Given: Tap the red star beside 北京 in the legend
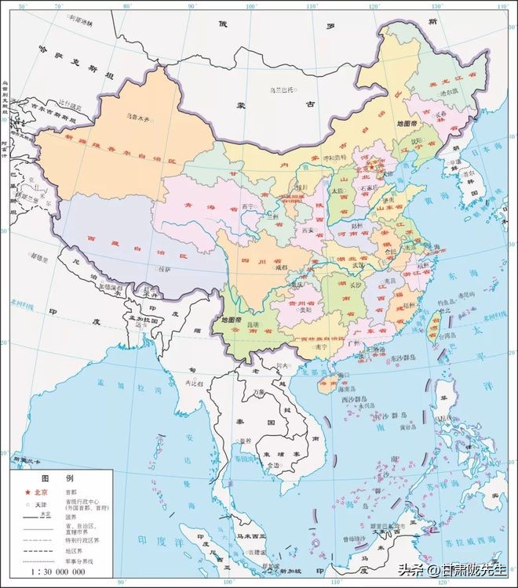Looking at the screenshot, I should (x=26, y=491).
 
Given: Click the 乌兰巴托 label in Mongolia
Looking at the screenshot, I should (x=280, y=90).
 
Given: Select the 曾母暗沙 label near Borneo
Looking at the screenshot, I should (x=354, y=540).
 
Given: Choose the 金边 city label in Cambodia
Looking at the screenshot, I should (x=272, y=465).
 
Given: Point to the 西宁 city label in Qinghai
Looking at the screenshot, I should (x=249, y=206).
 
